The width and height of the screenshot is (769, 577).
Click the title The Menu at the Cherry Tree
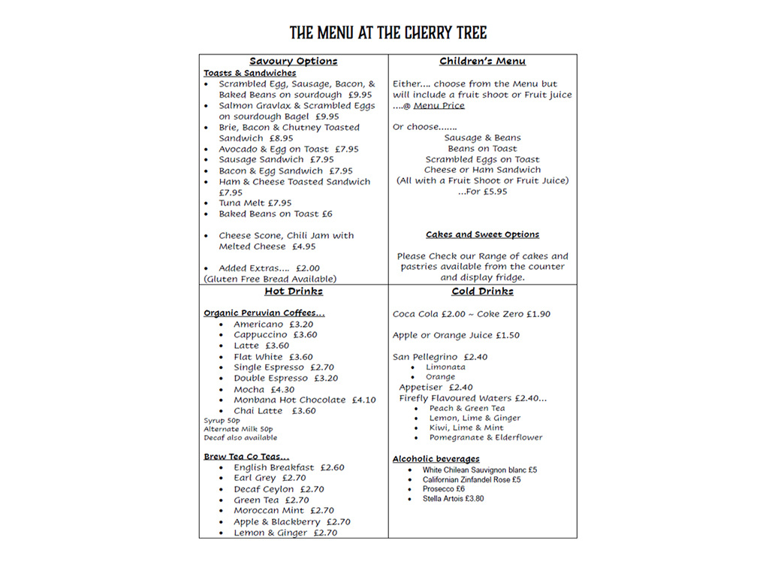click(388, 33)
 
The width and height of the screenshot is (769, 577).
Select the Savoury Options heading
click(293, 61)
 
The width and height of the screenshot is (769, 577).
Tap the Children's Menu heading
click(482, 61)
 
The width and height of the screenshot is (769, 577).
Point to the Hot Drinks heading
click(293, 292)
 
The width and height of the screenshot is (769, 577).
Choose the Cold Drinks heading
click(482, 292)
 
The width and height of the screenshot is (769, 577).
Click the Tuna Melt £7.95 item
click(255, 203)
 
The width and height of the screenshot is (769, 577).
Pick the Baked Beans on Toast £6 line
click(275, 213)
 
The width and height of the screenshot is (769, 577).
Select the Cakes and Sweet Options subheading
click(482, 234)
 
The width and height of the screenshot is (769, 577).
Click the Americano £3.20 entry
click(273, 325)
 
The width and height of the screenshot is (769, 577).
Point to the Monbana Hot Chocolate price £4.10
click(363, 400)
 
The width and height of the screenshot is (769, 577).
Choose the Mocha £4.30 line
click(264, 389)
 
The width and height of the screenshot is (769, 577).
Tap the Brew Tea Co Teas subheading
click(246, 456)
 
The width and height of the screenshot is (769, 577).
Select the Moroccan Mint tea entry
click(283, 510)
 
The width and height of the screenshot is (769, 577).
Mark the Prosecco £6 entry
click(443, 488)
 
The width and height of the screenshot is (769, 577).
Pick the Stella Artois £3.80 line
click(453, 498)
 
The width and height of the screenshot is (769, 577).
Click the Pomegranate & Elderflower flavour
click(485, 437)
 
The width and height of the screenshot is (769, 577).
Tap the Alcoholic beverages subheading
click(436, 458)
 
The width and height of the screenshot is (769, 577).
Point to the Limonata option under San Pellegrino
click(445, 367)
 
